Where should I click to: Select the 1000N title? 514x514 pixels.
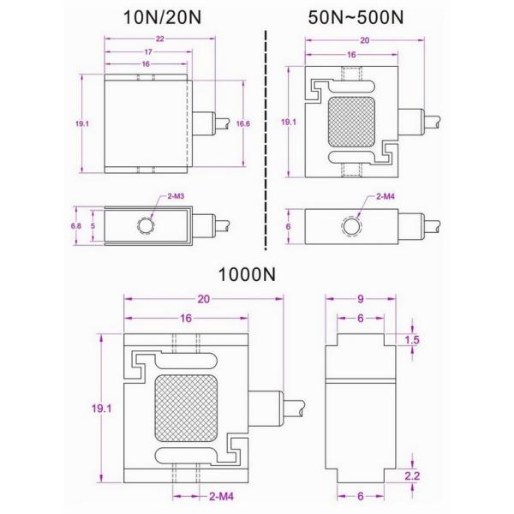click(x=246, y=276)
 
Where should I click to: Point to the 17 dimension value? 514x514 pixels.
click(x=148, y=52)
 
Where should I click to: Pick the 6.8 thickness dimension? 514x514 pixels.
click(x=75, y=225)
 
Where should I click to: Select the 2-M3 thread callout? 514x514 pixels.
click(x=176, y=196)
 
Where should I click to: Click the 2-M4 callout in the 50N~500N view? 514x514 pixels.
click(x=385, y=196)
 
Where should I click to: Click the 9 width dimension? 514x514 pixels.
click(x=361, y=300)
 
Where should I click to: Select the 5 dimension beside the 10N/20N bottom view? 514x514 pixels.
click(x=94, y=225)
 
